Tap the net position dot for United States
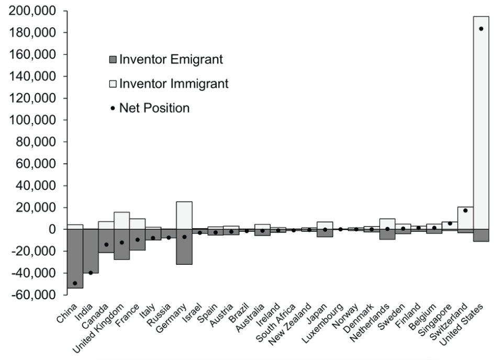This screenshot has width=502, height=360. [481, 29]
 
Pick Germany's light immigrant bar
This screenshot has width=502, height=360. [184, 215]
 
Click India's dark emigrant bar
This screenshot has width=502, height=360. [91, 251]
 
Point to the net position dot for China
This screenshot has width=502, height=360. [75, 283]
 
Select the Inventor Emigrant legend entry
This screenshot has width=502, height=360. [166, 60]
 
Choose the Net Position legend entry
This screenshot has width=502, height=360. [151, 108]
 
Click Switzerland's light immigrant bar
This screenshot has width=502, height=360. [465, 218]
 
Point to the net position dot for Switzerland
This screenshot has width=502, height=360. [465, 210]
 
